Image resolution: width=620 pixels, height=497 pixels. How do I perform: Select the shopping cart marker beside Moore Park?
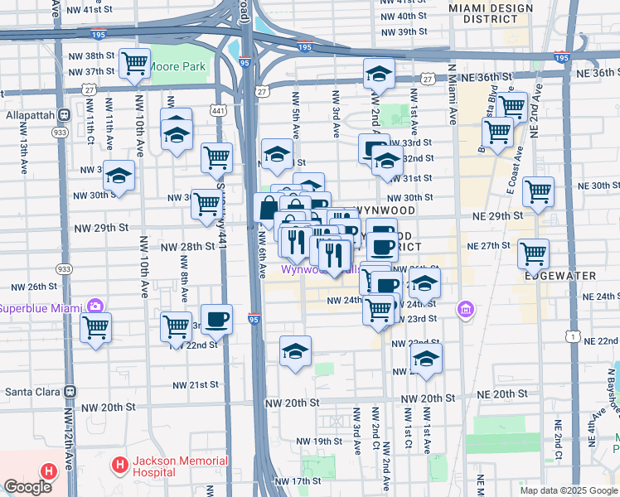click(x=133, y=63)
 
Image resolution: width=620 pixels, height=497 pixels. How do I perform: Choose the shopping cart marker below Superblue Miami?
click(x=95, y=327)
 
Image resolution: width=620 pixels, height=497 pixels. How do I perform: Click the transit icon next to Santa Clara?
click(x=70, y=391)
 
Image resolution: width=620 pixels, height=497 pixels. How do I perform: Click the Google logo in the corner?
click(x=27, y=487)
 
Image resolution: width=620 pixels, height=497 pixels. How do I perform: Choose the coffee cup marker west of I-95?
click(x=216, y=319)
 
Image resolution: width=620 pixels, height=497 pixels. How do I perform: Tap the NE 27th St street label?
click(x=487, y=246)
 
